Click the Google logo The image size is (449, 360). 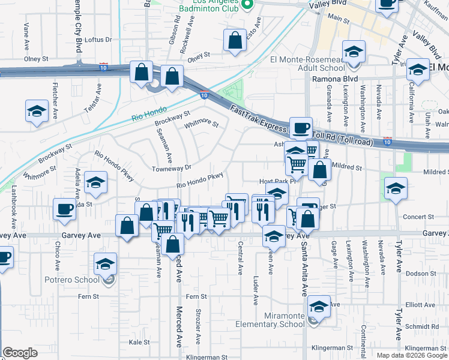point(20,353)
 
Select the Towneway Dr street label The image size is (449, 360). point(171,168)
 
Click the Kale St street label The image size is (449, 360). point(139,342)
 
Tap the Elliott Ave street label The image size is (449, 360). point(419,305)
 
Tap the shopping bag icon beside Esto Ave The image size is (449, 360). point(235,41)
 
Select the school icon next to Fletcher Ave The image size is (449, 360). point(37,111)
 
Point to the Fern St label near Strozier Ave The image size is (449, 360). point(196,296)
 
